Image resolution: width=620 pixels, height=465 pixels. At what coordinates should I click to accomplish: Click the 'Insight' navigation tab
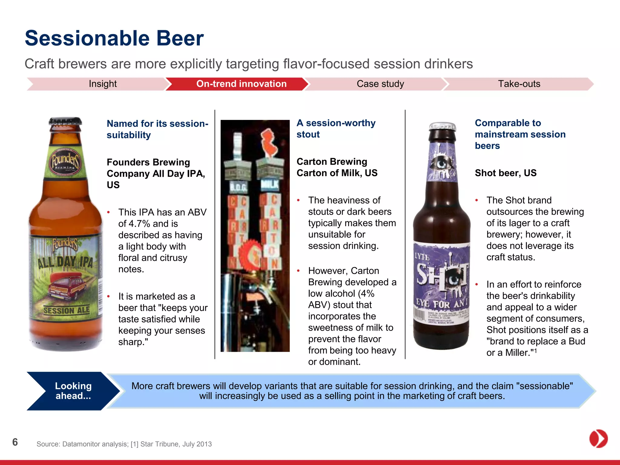(103, 84)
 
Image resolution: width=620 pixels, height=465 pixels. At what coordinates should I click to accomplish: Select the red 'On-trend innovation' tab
(241, 84)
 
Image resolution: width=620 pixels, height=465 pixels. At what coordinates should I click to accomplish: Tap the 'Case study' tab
(380, 84)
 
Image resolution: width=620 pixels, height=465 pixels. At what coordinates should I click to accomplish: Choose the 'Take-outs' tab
(519, 84)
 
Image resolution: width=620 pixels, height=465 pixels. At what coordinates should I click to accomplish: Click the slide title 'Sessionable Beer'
(114, 38)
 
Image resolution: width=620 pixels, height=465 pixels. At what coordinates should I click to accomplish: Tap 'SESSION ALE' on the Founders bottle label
(67, 310)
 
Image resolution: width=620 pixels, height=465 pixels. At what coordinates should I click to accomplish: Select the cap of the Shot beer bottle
(442, 127)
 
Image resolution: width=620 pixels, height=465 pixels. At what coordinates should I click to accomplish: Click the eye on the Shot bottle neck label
(442, 163)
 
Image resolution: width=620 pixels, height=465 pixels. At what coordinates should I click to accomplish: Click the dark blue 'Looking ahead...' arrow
(73, 391)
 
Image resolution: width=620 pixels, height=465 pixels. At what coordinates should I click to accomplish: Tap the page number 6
(15, 442)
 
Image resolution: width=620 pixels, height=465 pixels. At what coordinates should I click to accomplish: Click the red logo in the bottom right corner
(598, 438)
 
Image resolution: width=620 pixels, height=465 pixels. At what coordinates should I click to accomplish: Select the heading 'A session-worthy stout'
(336, 129)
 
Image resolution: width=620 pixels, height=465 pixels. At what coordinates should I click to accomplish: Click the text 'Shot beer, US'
(506, 173)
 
